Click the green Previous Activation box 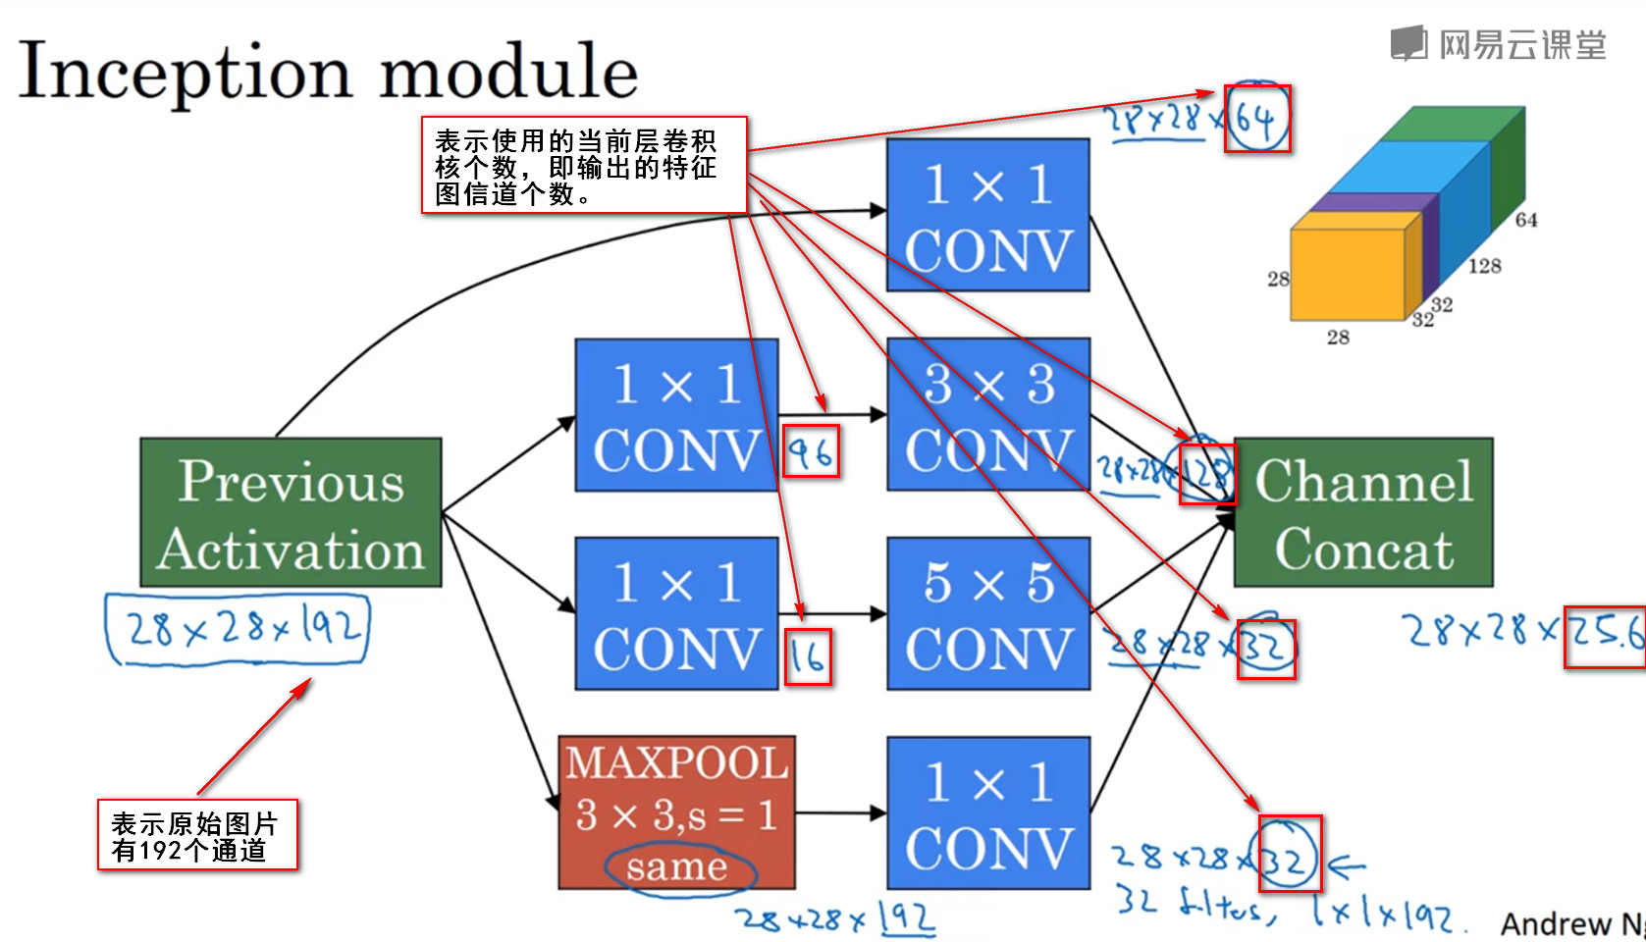point(291,512)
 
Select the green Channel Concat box point(1363,512)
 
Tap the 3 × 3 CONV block point(988,414)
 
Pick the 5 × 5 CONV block point(988,613)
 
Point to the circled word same point(677,867)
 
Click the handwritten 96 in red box point(811,452)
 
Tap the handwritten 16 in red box point(808,656)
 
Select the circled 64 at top point(1257,119)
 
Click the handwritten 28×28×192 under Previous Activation point(237,628)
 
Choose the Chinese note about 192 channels point(197,835)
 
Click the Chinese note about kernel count point(584,165)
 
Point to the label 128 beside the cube point(1484,266)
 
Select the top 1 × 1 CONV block point(988,215)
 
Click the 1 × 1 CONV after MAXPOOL point(988,813)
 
